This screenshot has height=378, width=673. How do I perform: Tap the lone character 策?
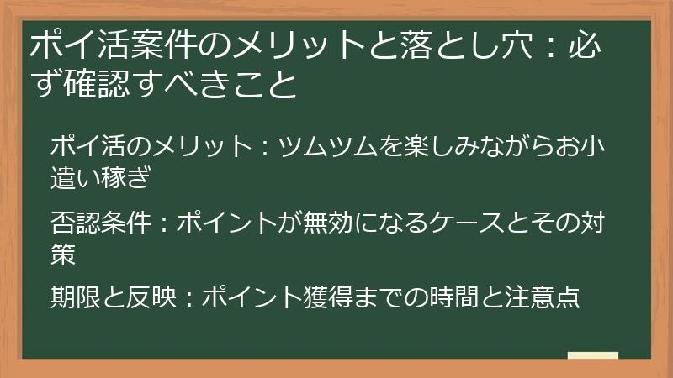[64, 253]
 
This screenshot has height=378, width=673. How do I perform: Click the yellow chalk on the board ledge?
[592, 356]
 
